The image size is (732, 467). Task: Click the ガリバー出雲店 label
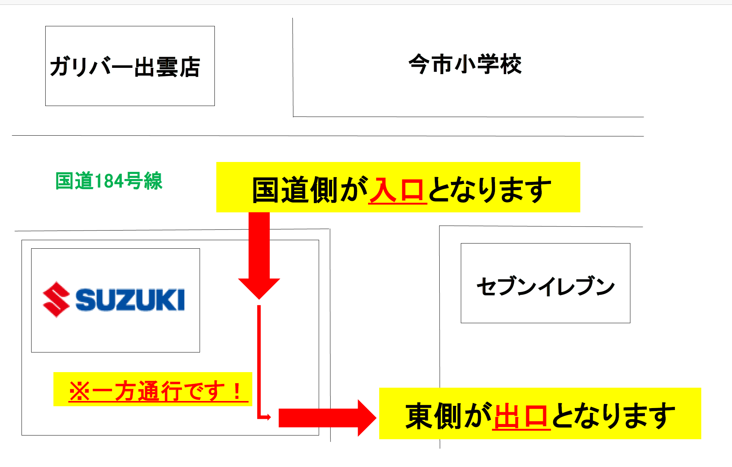coord(125,67)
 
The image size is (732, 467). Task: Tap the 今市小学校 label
coord(465,64)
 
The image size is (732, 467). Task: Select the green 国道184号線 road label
coord(109,181)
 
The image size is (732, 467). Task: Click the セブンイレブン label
coord(545,286)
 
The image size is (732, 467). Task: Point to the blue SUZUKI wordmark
coord(130,299)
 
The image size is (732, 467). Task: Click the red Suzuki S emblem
coord(56,299)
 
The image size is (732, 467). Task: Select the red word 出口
coord(521,416)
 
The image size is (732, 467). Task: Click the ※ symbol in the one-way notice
coord(79,391)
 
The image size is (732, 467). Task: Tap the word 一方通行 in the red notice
coord(137,391)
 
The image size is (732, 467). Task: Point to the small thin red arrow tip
coord(269,417)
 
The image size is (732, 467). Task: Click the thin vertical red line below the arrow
coord(259,360)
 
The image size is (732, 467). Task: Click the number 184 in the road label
coord(109,181)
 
